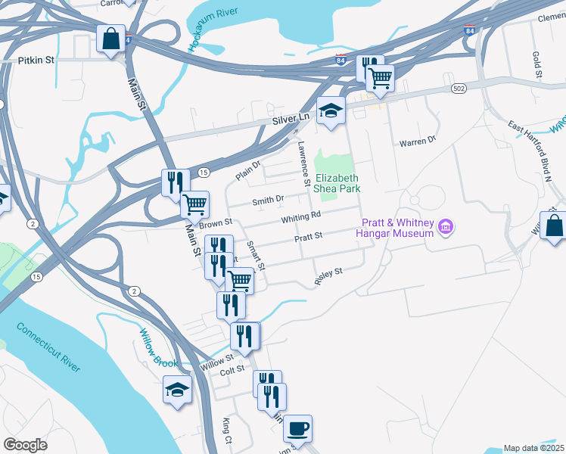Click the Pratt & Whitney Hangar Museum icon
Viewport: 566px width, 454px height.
[x=446, y=225]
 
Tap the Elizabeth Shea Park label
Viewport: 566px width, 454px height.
[x=337, y=182]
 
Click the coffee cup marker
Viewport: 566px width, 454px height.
[x=297, y=428]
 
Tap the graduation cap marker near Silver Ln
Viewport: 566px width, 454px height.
[x=330, y=110]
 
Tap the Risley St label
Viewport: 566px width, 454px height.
[x=329, y=275]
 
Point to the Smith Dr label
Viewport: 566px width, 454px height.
[x=268, y=200]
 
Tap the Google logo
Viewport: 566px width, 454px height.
[x=26, y=444]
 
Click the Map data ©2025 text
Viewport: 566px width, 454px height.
[x=533, y=448]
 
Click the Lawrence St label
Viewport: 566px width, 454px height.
[x=303, y=163]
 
